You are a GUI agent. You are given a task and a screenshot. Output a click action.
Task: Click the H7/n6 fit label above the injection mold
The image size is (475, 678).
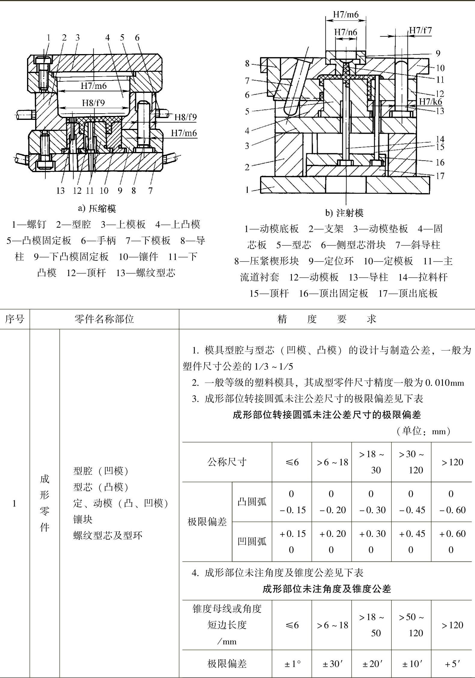click(x=346, y=32)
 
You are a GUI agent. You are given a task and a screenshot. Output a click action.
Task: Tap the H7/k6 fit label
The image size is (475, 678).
click(x=430, y=102)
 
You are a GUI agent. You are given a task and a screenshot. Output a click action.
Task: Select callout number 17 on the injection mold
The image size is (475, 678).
click(x=440, y=176)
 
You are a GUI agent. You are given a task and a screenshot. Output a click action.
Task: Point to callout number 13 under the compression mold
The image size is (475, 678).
click(x=60, y=190)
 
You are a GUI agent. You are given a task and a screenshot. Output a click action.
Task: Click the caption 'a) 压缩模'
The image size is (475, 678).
click(x=97, y=208)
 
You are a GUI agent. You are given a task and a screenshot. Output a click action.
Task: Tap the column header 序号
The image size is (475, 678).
click(x=14, y=319)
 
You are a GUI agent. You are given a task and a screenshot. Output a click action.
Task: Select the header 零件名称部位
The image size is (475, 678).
click(x=104, y=319)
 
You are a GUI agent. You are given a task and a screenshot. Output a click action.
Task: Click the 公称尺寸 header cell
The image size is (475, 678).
click(x=227, y=462)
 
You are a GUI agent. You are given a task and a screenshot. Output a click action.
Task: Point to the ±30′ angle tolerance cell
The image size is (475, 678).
click(x=332, y=664)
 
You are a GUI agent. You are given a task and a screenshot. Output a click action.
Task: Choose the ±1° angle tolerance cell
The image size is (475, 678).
click(x=292, y=664)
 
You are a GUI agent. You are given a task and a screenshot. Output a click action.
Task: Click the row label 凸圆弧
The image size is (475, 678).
click(x=252, y=502)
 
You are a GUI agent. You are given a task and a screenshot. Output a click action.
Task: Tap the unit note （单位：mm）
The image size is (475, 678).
click(x=423, y=431)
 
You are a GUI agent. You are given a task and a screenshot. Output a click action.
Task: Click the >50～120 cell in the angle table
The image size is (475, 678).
click(x=412, y=625)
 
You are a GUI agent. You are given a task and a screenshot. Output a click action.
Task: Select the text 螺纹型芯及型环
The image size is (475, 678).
click(x=107, y=535)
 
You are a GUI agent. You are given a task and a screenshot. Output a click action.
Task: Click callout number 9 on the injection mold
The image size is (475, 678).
click(x=438, y=53)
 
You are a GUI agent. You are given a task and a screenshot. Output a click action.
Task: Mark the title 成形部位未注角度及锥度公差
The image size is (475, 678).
click(x=327, y=589)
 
